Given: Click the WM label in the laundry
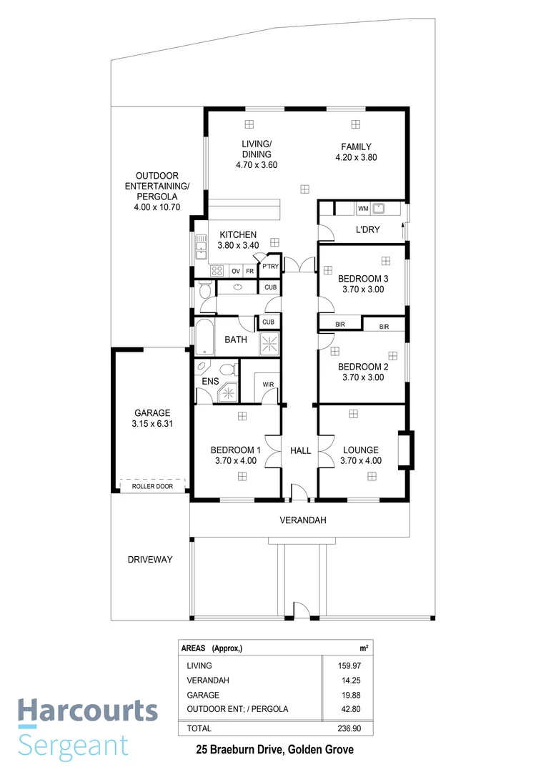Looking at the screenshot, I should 363,209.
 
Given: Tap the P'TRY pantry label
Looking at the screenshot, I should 269,267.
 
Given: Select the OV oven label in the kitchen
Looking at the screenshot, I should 235,272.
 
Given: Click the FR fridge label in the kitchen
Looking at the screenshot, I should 249,272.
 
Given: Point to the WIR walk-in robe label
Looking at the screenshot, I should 268,385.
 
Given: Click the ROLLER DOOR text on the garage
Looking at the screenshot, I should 152,486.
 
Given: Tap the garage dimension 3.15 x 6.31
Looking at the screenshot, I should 152,424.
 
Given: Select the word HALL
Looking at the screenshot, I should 300,450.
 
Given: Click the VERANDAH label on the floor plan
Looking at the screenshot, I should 302,520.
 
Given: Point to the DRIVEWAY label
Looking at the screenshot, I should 150,560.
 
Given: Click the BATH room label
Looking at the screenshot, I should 236,340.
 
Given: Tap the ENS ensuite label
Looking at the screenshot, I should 210,382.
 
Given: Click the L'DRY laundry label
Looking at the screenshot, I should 367,229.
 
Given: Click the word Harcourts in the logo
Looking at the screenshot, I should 87,711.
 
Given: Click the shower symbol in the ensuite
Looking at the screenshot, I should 229,392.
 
